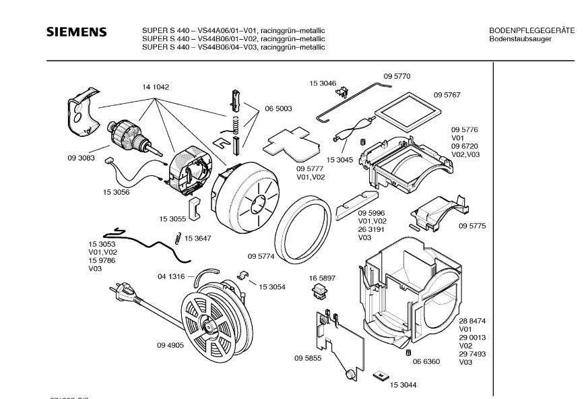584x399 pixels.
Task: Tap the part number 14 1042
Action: [x=155, y=87]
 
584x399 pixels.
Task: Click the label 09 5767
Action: [x=447, y=95]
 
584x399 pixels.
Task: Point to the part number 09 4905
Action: [x=152, y=346]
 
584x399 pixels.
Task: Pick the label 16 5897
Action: [x=322, y=278]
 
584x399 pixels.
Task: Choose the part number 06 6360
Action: [x=426, y=362]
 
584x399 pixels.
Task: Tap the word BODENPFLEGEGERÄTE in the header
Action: [x=531, y=31]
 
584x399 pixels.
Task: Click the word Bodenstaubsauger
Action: [x=520, y=39]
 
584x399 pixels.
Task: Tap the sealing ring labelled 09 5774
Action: [x=304, y=229]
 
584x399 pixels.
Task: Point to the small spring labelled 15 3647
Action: [x=177, y=237]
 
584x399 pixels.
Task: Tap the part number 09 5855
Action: [x=307, y=359]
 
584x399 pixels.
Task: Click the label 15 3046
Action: [x=323, y=83]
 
